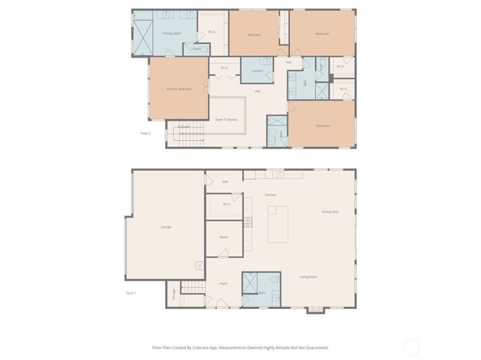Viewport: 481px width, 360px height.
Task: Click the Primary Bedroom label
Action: (x=178, y=89)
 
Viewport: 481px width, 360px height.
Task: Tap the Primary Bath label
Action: (x=171, y=33)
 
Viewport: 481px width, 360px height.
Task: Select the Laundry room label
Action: (x=256, y=70)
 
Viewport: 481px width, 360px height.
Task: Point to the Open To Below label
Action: (x=226, y=119)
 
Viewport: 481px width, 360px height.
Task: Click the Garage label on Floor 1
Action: (x=166, y=227)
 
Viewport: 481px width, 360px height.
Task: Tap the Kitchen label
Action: (x=271, y=195)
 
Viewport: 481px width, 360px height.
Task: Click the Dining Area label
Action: (x=330, y=212)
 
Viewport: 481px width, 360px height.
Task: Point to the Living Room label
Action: (x=308, y=277)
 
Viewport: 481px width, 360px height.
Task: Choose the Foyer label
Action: (x=223, y=284)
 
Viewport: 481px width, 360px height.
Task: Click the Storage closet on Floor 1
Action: (x=172, y=295)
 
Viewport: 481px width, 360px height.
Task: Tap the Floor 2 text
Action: (x=146, y=134)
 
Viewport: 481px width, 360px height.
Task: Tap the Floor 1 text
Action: (x=130, y=293)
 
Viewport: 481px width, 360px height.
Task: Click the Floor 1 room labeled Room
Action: (x=223, y=237)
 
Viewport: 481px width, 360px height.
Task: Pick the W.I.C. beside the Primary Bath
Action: (x=212, y=33)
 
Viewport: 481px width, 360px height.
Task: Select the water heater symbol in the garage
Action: (x=198, y=266)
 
